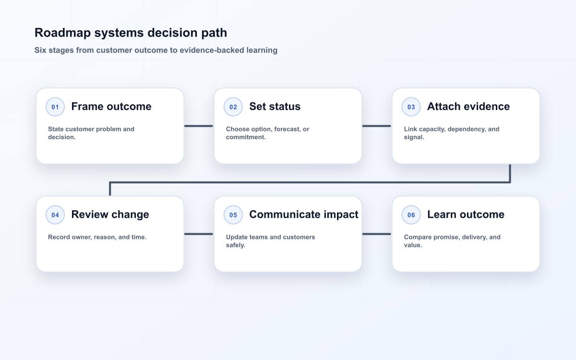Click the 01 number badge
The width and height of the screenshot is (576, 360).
pyautogui.click(x=55, y=107)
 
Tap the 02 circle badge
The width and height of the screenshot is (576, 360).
pyautogui.click(x=233, y=107)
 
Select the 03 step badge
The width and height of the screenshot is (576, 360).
pyautogui.click(x=411, y=107)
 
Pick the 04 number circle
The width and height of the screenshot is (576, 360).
pyautogui.click(x=55, y=215)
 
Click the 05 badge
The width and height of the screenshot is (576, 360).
pyautogui.click(x=233, y=215)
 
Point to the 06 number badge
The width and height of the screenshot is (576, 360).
pyautogui.click(x=411, y=215)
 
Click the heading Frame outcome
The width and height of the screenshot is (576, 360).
pyautogui.click(x=111, y=107)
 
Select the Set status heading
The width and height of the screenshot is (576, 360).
pyautogui.click(x=275, y=107)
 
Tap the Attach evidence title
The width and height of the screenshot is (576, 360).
pyautogui.click(x=468, y=107)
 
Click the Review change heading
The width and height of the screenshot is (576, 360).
pyautogui.click(x=110, y=215)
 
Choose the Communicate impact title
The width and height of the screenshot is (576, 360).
pyautogui.click(x=304, y=215)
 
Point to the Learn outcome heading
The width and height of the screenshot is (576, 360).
pyautogui.click(x=466, y=215)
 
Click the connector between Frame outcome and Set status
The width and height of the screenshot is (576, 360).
pyautogui.click(x=199, y=126)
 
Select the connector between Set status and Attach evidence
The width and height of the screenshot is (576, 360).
pyautogui.click(x=377, y=126)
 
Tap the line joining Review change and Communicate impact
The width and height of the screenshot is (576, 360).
pyautogui.click(x=199, y=234)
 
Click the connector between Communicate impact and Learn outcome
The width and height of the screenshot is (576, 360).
pyautogui.click(x=377, y=234)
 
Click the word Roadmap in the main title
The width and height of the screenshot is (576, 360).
pyautogui.click(x=62, y=33)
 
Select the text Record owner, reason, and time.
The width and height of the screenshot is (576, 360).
pyautogui.click(x=97, y=237)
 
